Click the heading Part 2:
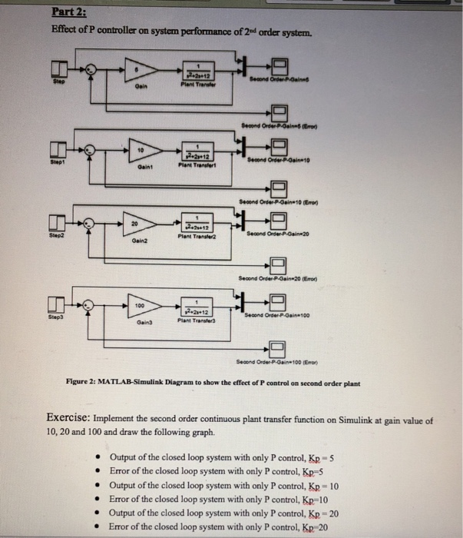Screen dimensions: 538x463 coord(69,12)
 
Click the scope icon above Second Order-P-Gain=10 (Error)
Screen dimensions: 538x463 coord(279,189)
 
